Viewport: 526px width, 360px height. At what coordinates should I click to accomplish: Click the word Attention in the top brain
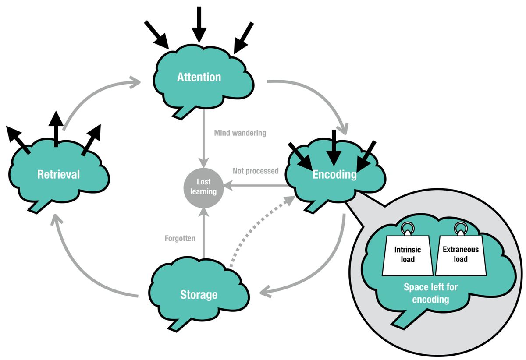tap(199, 77)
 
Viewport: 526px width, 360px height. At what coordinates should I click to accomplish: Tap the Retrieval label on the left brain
tap(59, 174)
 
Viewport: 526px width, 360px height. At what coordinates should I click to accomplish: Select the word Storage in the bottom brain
tap(199, 294)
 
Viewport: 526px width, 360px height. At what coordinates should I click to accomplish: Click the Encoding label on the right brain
tap(334, 174)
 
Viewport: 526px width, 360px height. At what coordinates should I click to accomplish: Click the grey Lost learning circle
tap(203, 186)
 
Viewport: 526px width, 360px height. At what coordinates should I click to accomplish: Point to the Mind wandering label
tap(240, 133)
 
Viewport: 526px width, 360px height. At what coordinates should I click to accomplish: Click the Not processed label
tap(256, 171)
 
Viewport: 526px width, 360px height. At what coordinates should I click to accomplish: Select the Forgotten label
tap(180, 239)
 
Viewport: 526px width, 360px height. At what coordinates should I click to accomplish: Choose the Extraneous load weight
tap(461, 254)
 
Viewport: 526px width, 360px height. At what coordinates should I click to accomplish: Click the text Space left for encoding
tap(426, 293)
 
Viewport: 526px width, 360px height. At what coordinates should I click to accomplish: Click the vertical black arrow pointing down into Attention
tap(199, 24)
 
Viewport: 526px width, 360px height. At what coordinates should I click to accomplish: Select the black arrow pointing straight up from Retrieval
tap(55, 129)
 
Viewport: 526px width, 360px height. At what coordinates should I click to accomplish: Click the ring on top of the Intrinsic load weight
tap(407, 228)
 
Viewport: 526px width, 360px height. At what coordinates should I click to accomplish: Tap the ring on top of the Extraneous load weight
tap(460, 228)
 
